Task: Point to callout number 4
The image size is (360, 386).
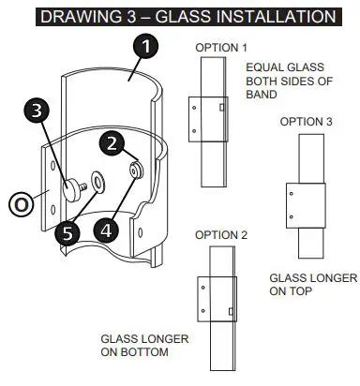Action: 103,228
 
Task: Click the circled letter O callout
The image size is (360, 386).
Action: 20,201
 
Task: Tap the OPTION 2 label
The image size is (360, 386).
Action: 220,233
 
